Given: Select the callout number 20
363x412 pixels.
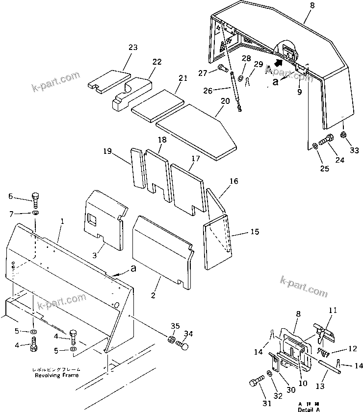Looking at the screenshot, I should tap(225, 100).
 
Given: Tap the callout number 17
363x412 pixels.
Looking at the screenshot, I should tap(195, 159).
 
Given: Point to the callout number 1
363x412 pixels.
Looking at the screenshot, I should tap(62, 221).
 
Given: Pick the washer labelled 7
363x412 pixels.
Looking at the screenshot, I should tap(36, 214).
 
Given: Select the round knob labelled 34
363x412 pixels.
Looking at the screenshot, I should tap(183, 347).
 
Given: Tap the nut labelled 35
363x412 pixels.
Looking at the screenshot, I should tap(172, 339).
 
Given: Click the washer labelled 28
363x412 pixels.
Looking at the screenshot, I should tap(241, 77).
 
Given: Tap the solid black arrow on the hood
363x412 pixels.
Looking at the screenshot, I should tap(279, 63).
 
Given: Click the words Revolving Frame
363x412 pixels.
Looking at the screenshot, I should tap(56, 375).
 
